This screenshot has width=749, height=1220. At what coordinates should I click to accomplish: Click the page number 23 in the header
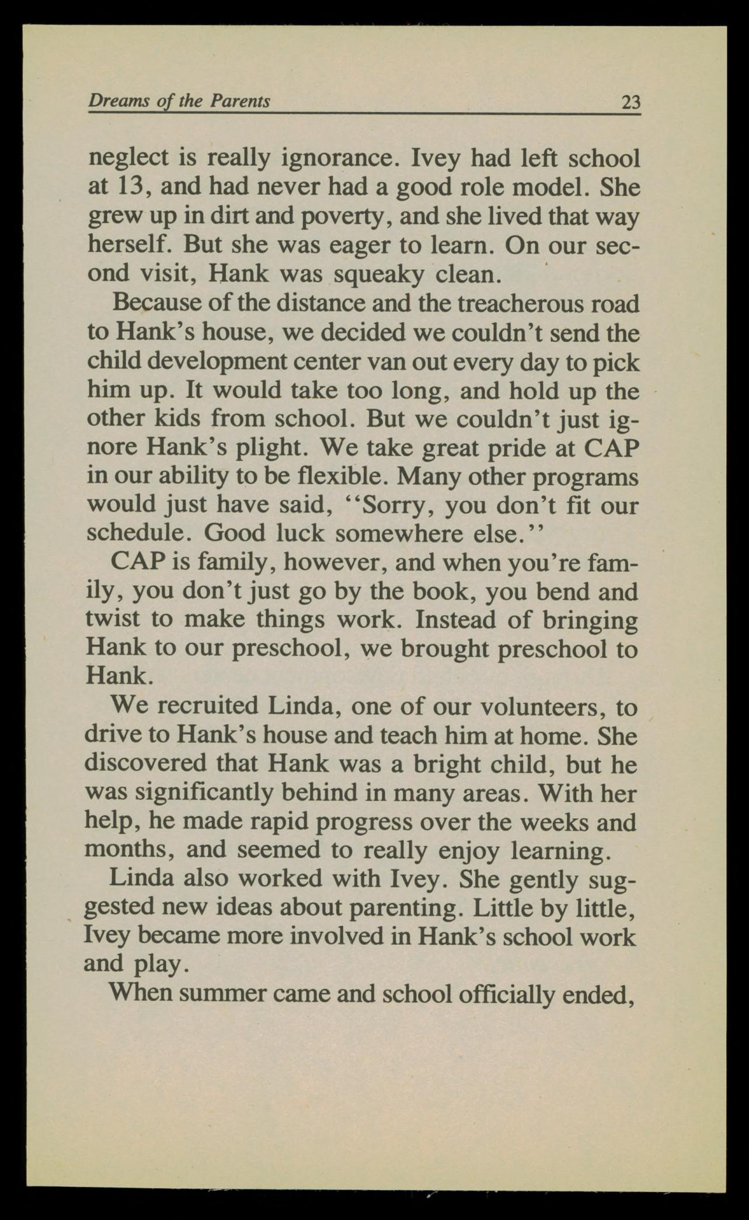(x=630, y=103)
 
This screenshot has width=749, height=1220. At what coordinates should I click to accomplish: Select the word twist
(x=113, y=620)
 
